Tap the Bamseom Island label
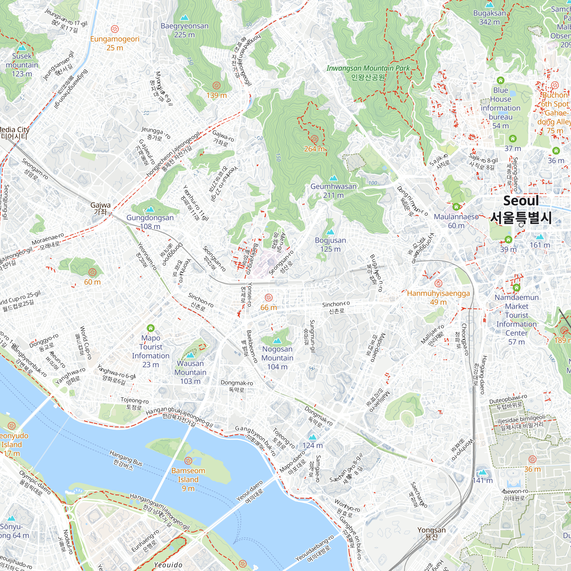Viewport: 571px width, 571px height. click(188, 479)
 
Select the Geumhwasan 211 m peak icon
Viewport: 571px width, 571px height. click(333, 178)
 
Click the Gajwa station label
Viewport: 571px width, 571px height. click(100, 208)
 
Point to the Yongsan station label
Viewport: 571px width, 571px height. click(431, 533)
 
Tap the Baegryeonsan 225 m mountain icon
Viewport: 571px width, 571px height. click(184, 17)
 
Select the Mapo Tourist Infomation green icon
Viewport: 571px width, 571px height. click(151, 328)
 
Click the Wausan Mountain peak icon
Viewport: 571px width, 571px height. click(191, 355)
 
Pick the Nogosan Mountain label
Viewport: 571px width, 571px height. click(277, 358)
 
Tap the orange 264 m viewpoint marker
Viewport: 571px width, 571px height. click(314, 139)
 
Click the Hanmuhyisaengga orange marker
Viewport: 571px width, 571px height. click(438, 283)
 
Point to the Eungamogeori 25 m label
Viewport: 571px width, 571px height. click(115, 43)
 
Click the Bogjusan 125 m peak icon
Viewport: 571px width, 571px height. click(330, 232)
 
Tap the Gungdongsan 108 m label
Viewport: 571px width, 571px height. click(150, 222)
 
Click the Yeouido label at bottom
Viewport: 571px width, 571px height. click(168, 565)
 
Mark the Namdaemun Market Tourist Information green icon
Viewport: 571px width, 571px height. click(516, 287)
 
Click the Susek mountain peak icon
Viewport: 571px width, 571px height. click(22, 48)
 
